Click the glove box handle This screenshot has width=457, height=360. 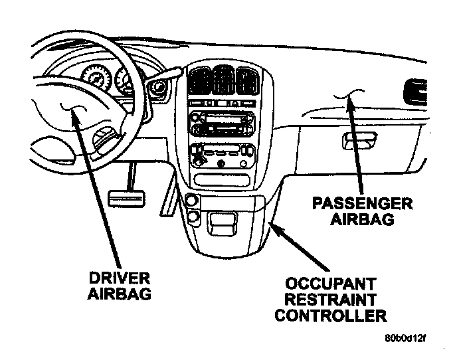pos(354,140)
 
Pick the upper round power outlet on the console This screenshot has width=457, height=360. pos(192,201)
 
